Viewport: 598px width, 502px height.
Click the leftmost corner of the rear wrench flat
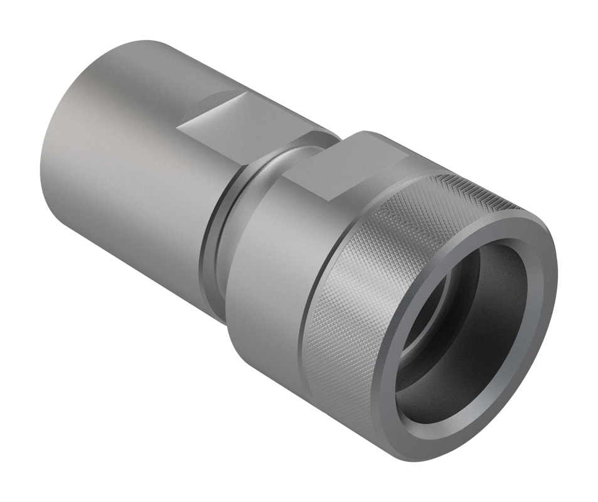click(x=178, y=129)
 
